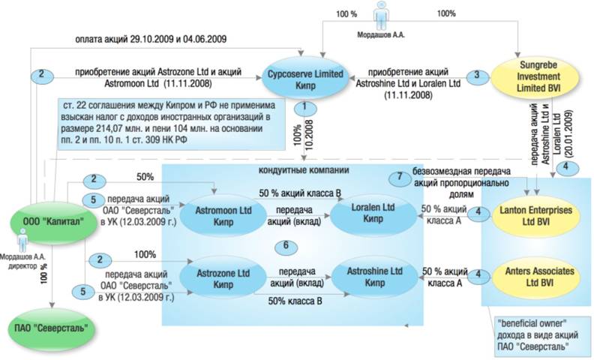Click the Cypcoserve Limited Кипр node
coord(305,79)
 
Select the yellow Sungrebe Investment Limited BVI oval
coord(535,77)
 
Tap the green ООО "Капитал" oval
coord(54,221)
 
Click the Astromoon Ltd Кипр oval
coord(223,216)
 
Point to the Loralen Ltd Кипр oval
coord(373,213)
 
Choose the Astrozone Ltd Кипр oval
coord(223,279)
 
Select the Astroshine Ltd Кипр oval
coord(375,277)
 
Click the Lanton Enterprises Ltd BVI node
coord(535,215)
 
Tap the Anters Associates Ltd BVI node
coord(535,277)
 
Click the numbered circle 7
coord(399,177)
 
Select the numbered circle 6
coord(286,246)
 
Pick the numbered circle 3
coord(477,76)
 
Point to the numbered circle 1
coord(304,109)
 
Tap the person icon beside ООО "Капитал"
coord(23,240)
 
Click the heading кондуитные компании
coord(304,169)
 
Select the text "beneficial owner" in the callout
coord(532,323)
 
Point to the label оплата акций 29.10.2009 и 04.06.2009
coord(151,39)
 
